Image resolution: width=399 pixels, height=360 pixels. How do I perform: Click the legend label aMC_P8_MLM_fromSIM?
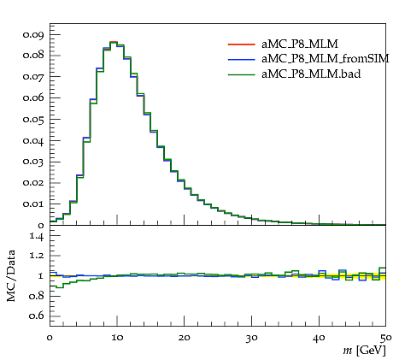325,59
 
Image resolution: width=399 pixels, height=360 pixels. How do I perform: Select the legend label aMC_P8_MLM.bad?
311,74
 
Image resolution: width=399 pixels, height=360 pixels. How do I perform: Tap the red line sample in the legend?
241,44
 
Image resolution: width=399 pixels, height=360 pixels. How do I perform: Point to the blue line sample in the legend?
241,59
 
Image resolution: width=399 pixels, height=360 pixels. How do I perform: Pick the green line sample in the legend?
241,74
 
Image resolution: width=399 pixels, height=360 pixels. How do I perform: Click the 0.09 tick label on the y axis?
33,35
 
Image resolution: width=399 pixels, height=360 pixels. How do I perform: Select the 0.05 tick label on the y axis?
33,120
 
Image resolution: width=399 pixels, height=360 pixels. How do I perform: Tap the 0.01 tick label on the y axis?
33,204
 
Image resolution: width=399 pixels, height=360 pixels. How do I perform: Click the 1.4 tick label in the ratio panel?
37,236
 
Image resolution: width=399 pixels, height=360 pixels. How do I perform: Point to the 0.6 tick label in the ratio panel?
37,316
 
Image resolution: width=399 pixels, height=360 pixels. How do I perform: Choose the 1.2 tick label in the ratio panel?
37,256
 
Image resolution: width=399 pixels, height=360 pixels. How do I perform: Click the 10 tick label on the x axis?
117,338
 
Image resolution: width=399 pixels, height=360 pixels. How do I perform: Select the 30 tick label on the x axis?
252,338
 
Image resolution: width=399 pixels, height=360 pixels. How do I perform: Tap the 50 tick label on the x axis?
386,338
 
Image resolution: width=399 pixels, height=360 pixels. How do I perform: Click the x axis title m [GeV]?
364,351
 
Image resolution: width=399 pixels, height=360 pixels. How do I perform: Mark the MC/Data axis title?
11,276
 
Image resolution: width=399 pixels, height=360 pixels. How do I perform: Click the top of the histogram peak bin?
114,42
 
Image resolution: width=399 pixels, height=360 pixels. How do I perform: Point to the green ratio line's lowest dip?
60,287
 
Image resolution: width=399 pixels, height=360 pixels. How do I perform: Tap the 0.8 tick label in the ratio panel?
37,296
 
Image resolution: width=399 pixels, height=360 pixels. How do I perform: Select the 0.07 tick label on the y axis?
33,77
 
